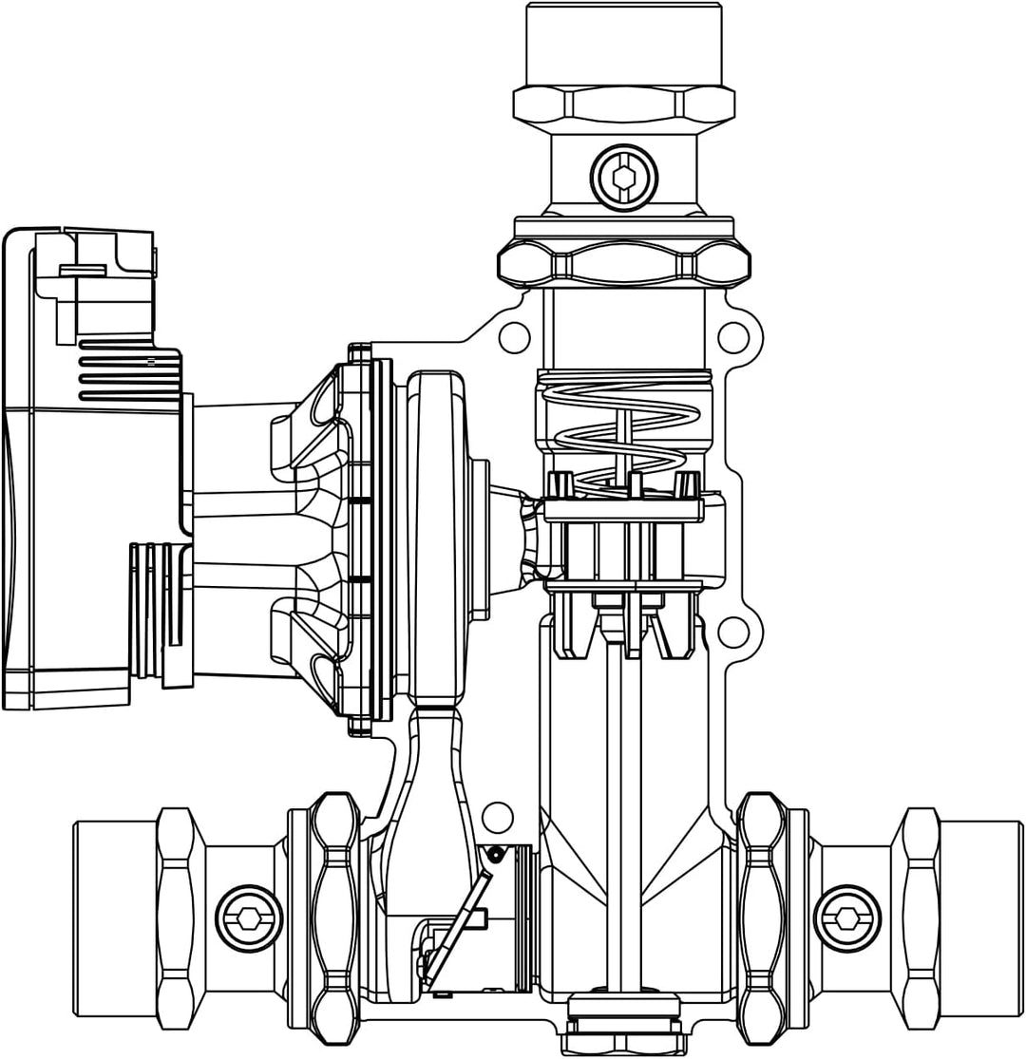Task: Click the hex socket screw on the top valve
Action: pyautogui.click(x=623, y=178)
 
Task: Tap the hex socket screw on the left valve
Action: pyautogui.click(x=249, y=917)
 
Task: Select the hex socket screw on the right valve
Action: pyautogui.click(x=847, y=917)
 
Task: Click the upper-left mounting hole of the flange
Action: pyautogui.click(x=514, y=336)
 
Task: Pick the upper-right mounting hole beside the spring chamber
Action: pyautogui.click(x=733, y=336)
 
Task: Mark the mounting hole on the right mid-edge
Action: pyautogui.click(x=733, y=631)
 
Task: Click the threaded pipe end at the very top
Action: pyautogui.click(x=624, y=43)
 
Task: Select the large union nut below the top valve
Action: pyautogui.click(x=624, y=263)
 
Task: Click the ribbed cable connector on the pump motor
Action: pyautogui.click(x=160, y=613)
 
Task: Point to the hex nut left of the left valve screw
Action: pyautogui.click(x=176, y=917)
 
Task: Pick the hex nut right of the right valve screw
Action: pyautogui.click(x=920, y=917)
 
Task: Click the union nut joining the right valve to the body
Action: pyautogui.click(x=762, y=917)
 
